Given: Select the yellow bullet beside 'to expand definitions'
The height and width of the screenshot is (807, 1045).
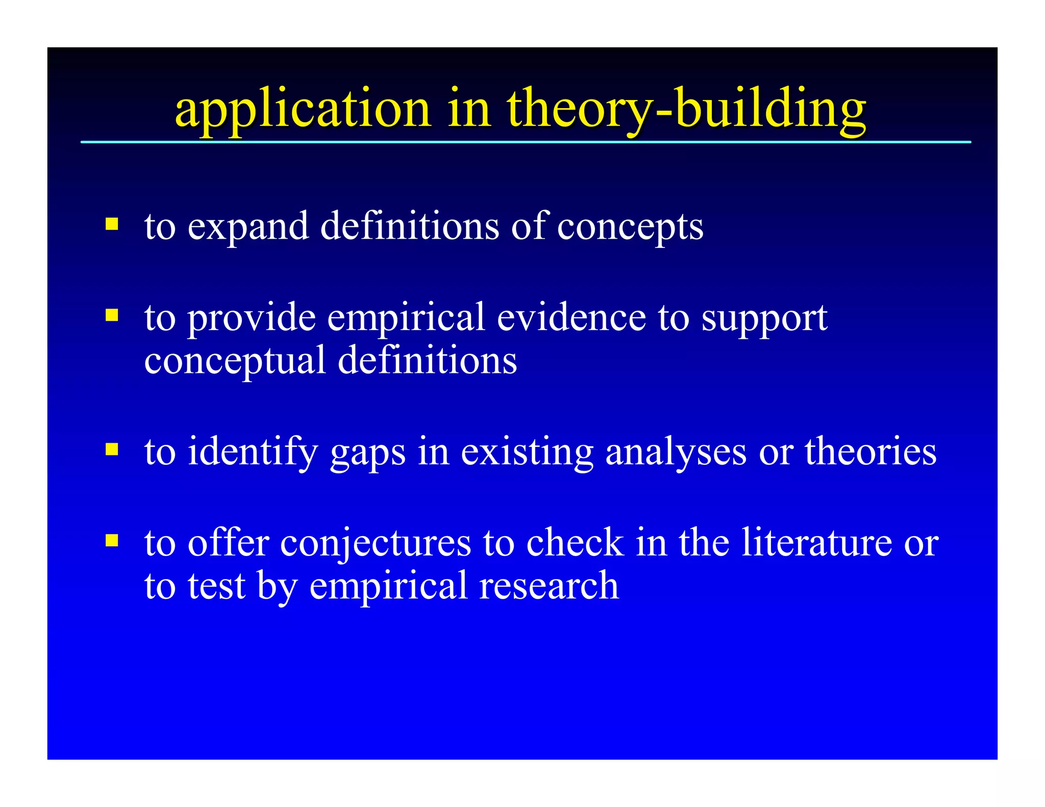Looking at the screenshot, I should pyautogui.click(x=112, y=224).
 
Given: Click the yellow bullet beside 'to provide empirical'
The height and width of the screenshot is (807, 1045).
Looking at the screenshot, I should pyautogui.click(x=112, y=315).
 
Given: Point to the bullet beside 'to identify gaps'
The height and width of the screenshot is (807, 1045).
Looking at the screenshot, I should pyautogui.click(x=112, y=449).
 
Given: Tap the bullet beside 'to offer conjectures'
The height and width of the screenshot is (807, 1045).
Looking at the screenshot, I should pyautogui.click(x=112, y=540).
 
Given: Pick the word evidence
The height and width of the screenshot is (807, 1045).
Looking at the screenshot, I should pyautogui.click(x=571, y=317).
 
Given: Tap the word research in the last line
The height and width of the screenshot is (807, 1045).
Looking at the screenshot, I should pyautogui.click(x=549, y=586).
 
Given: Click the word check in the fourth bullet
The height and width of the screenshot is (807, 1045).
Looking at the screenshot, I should pyautogui.click(x=575, y=542).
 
